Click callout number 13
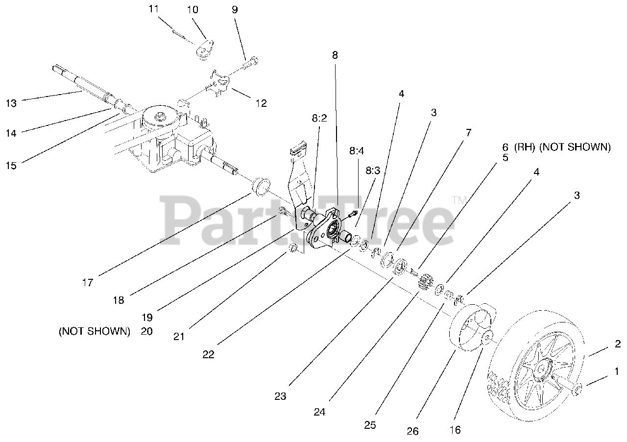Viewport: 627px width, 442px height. click(x=11, y=103)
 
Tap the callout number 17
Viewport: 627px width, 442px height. click(x=88, y=282)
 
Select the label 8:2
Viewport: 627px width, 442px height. click(x=318, y=119)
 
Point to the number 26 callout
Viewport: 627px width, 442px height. click(x=412, y=431)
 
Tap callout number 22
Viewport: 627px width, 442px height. click(x=208, y=355)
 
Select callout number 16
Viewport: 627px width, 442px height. click(x=455, y=430)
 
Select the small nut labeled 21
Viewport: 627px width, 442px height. click(x=293, y=248)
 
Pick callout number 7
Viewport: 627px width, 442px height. click(x=469, y=132)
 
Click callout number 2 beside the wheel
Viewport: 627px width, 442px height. click(x=618, y=344)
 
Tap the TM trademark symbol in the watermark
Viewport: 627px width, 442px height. click(x=459, y=200)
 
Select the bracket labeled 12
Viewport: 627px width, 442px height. click(x=219, y=81)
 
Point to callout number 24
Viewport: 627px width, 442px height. click(x=319, y=412)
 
